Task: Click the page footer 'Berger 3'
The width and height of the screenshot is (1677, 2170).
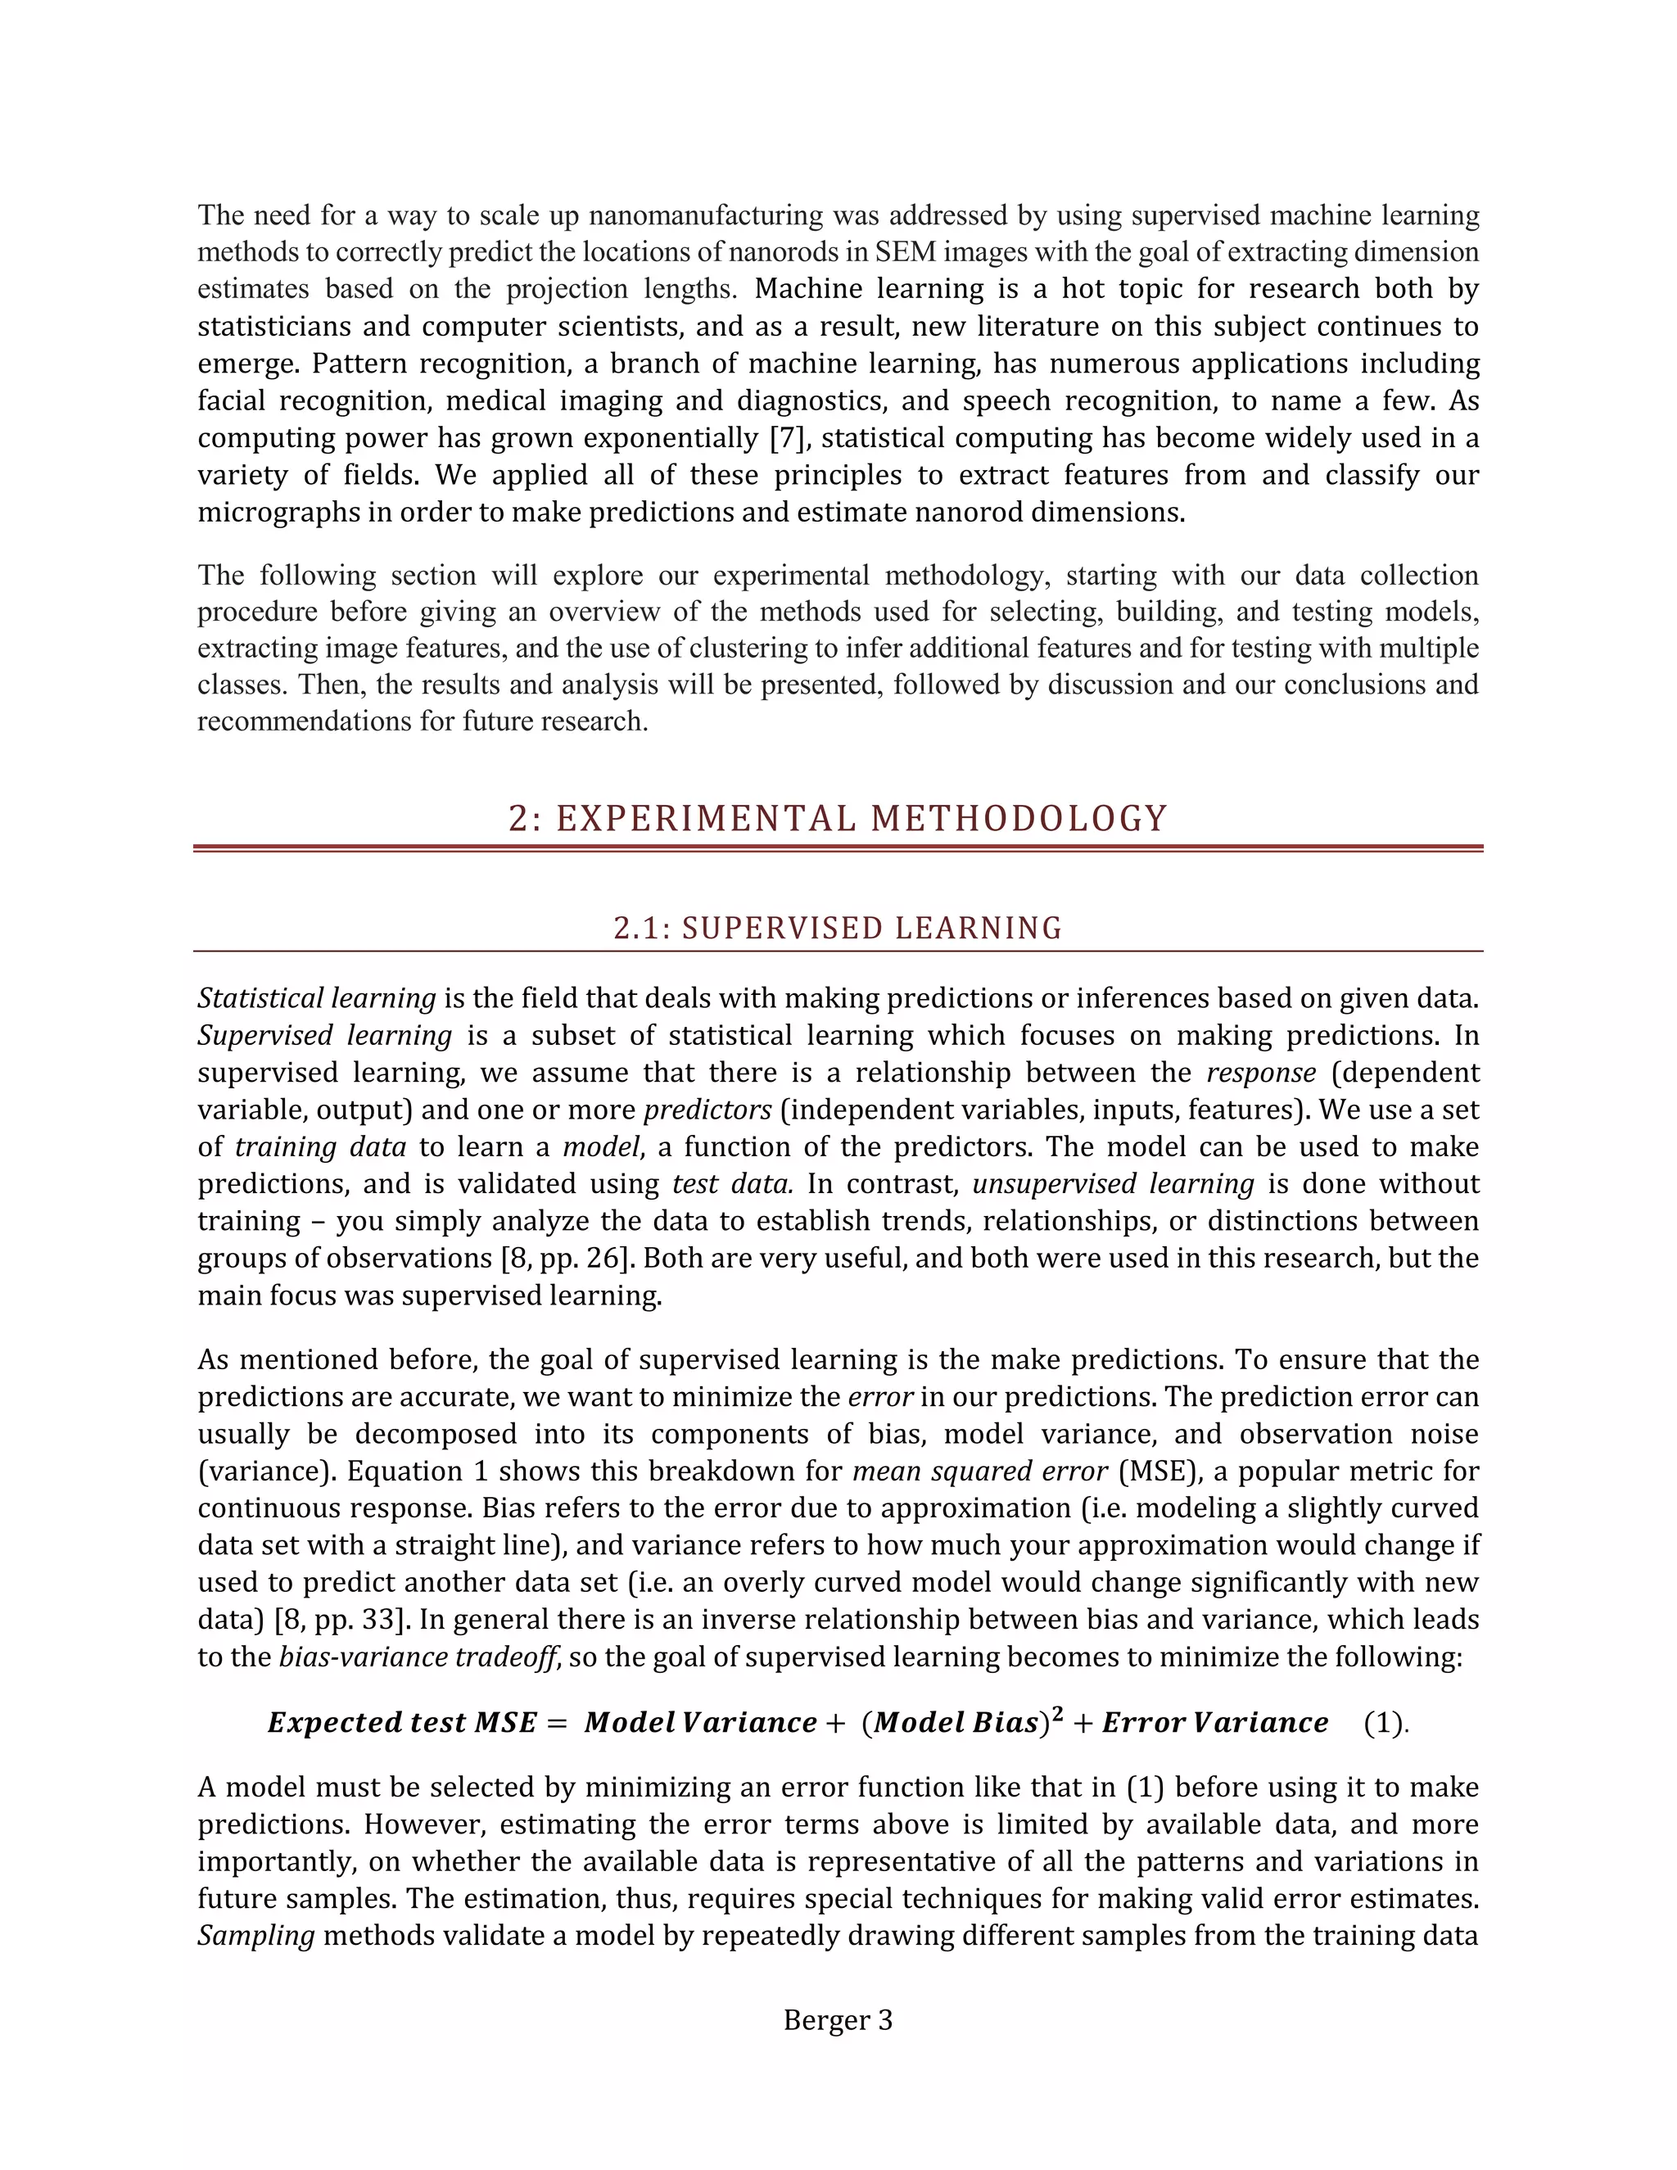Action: pyautogui.click(x=838, y=2020)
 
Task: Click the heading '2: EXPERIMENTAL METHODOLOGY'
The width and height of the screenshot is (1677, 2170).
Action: pyautogui.click(x=838, y=819)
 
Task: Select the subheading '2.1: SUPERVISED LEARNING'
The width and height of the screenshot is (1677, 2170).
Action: pyautogui.click(x=838, y=928)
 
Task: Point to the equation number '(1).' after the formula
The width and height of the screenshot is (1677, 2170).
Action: pyautogui.click(x=1386, y=1723)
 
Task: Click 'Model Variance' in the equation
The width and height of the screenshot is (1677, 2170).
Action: pyautogui.click(x=700, y=1723)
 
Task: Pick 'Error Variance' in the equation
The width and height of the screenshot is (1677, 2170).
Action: pyautogui.click(x=1214, y=1723)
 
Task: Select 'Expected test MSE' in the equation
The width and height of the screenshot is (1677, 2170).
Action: pyautogui.click(x=402, y=1723)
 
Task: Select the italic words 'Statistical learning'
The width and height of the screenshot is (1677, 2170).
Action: pyautogui.click(x=316, y=998)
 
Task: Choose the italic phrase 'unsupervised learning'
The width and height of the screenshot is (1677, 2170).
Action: pyautogui.click(x=1113, y=1184)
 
